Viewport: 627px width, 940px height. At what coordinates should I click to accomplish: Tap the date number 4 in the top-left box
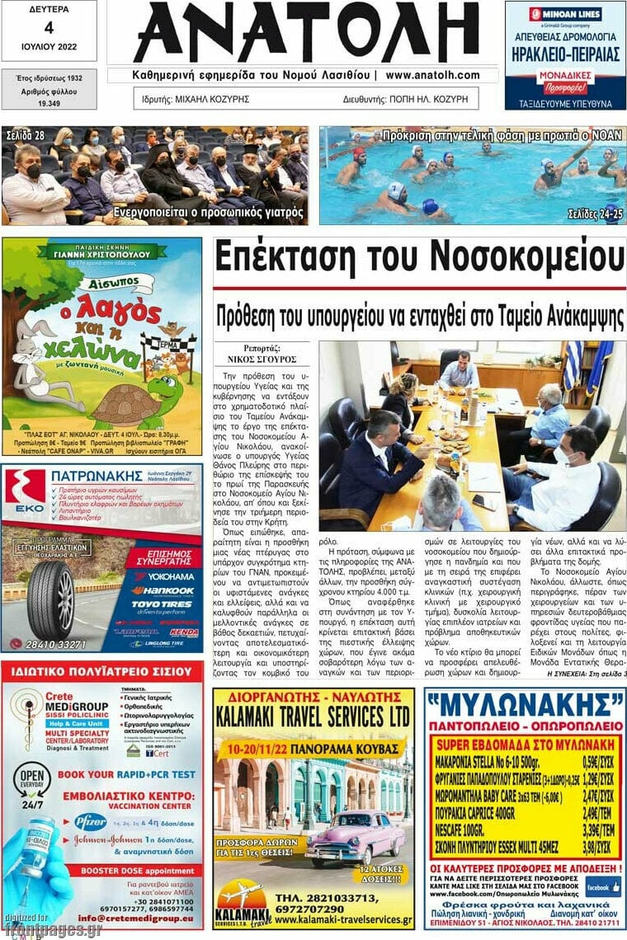click(x=49, y=27)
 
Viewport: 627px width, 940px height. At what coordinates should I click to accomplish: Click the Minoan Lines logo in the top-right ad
click(x=565, y=14)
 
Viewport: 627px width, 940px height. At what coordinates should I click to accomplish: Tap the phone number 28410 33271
click(x=56, y=644)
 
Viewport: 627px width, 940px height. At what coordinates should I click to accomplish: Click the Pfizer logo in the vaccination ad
click(x=89, y=821)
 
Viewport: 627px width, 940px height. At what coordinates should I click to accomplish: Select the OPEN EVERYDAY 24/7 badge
click(x=31, y=788)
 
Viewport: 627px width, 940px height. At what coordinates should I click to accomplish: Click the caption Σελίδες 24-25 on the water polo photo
click(x=593, y=214)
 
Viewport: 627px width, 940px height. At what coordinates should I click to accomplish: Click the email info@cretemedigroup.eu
click(x=136, y=917)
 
